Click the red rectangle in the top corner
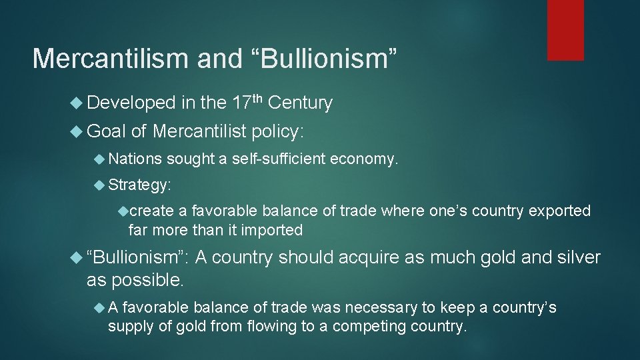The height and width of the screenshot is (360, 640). (x=565, y=29)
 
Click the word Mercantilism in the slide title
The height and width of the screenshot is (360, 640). (x=109, y=59)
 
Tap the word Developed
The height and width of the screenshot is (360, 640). (x=131, y=103)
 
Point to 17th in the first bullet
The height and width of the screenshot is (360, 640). (x=247, y=102)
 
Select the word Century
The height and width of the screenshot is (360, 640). (x=300, y=103)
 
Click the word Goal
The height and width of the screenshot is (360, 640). (x=106, y=131)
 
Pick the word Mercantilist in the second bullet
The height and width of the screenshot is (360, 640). (x=199, y=131)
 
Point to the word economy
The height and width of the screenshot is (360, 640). (x=364, y=159)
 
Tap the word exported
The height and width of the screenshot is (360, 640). (x=559, y=211)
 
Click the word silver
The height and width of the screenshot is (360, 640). (x=577, y=257)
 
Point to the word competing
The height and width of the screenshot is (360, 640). (x=369, y=327)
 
